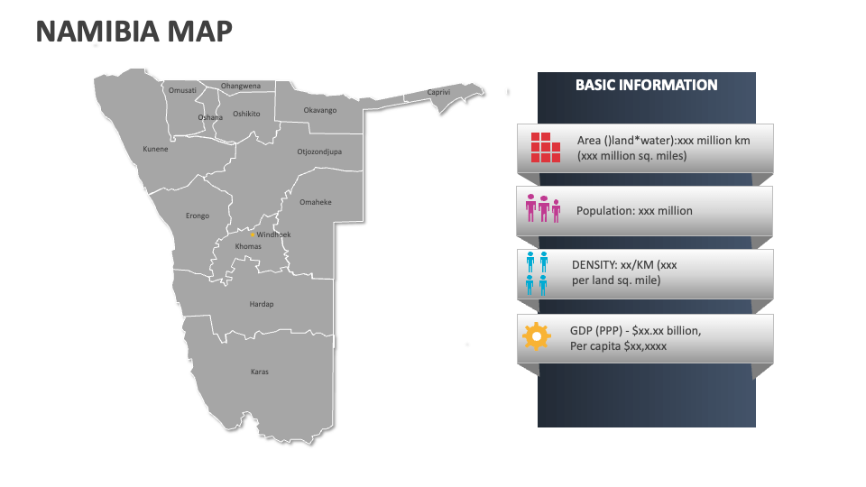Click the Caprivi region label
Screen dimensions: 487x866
(438, 92)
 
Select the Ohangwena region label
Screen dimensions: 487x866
(241, 86)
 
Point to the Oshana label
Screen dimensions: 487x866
(210, 117)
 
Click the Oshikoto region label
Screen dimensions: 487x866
(246, 114)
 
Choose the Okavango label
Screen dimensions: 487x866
(319, 110)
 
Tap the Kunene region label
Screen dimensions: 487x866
(155, 149)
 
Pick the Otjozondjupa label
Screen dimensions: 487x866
(319, 152)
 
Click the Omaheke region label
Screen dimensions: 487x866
(315, 202)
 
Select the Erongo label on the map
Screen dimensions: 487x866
(198, 216)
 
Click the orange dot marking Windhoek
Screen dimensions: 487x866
(252, 235)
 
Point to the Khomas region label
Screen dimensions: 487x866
(248, 246)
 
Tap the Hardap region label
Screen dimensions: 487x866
(261, 304)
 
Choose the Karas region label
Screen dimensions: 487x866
(260, 372)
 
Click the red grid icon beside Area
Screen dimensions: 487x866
(545, 148)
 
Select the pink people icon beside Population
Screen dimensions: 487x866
(543, 209)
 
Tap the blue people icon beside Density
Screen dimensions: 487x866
(537, 273)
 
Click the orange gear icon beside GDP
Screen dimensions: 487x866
(536, 337)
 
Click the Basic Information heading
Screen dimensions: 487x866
(647, 86)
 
